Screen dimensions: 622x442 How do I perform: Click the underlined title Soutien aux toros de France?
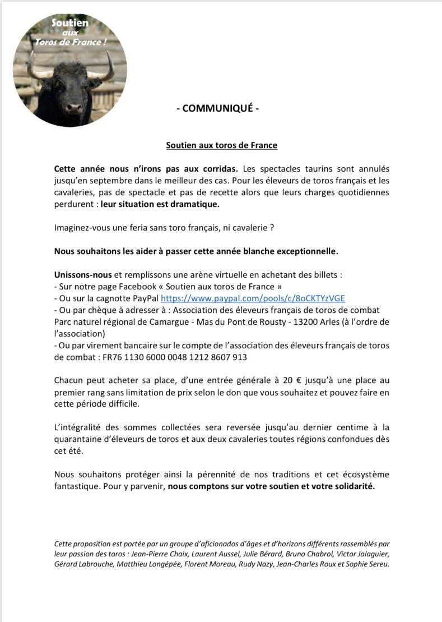pyautogui.click(x=221, y=145)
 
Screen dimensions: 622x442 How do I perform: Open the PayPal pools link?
pyautogui.click(x=257, y=299)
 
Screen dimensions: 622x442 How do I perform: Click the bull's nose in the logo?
pyautogui.click(x=74, y=107)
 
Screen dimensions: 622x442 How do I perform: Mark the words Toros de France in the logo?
pyautogui.click(x=70, y=44)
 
